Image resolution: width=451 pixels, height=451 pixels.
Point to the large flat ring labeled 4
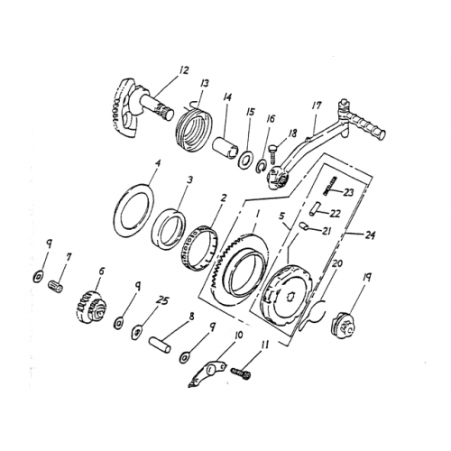pyautogui.click(x=138, y=207)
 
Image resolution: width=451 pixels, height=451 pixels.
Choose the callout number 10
pyautogui.click(x=238, y=335)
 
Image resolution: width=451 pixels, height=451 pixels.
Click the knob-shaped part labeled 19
pyautogui.click(x=345, y=323)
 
